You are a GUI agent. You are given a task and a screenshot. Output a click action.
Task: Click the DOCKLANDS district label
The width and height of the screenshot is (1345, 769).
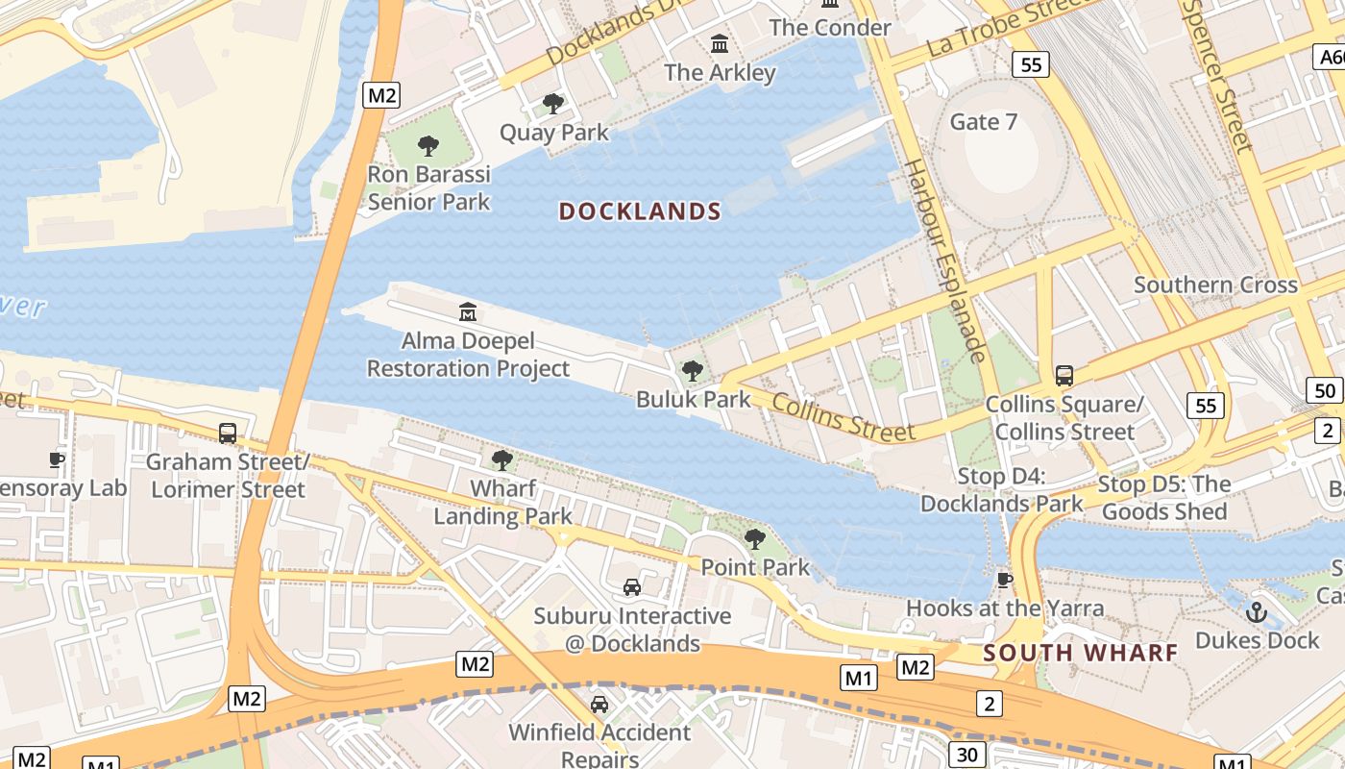click(640, 211)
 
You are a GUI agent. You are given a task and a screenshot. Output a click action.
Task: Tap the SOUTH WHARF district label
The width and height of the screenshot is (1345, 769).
click(1081, 654)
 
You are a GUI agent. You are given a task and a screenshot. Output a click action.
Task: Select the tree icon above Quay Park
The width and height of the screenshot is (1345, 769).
click(552, 103)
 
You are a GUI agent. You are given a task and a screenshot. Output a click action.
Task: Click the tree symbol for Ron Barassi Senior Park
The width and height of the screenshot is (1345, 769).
click(428, 146)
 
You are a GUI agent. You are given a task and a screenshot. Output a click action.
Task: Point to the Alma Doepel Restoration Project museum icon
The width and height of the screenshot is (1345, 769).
click(468, 311)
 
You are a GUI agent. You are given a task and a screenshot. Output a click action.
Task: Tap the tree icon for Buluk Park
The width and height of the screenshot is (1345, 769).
click(692, 370)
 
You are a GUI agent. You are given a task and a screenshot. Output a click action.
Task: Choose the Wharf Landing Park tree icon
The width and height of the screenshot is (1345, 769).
click(501, 459)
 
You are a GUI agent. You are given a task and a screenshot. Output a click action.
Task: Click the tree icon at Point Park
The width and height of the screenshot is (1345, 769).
click(755, 538)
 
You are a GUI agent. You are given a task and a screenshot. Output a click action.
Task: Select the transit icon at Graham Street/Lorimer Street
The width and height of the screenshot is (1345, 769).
click(228, 433)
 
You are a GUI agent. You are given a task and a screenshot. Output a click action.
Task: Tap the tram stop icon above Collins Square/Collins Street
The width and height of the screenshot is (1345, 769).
click(1064, 375)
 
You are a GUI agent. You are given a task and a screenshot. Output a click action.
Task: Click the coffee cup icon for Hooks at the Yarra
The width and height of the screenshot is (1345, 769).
click(1005, 579)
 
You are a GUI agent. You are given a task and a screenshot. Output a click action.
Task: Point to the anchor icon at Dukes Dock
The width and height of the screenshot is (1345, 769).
click(1256, 611)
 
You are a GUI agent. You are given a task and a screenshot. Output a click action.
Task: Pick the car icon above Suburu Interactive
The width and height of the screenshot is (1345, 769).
click(631, 586)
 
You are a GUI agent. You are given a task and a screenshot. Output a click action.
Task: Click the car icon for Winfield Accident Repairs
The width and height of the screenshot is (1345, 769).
click(599, 704)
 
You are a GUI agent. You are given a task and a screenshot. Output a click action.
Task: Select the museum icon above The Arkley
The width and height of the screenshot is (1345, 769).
click(720, 43)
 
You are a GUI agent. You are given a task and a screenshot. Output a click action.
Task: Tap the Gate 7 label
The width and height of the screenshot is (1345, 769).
click(983, 122)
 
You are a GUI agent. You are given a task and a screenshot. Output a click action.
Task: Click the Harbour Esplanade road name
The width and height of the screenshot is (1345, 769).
click(944, 260)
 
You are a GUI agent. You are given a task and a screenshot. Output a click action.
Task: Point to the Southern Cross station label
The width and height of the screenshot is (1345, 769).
click(1215, 285)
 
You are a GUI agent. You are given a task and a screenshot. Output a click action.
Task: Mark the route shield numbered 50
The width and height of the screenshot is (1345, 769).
click(1325, 390)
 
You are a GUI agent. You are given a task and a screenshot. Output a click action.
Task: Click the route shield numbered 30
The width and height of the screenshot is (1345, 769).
click(966, 754)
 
